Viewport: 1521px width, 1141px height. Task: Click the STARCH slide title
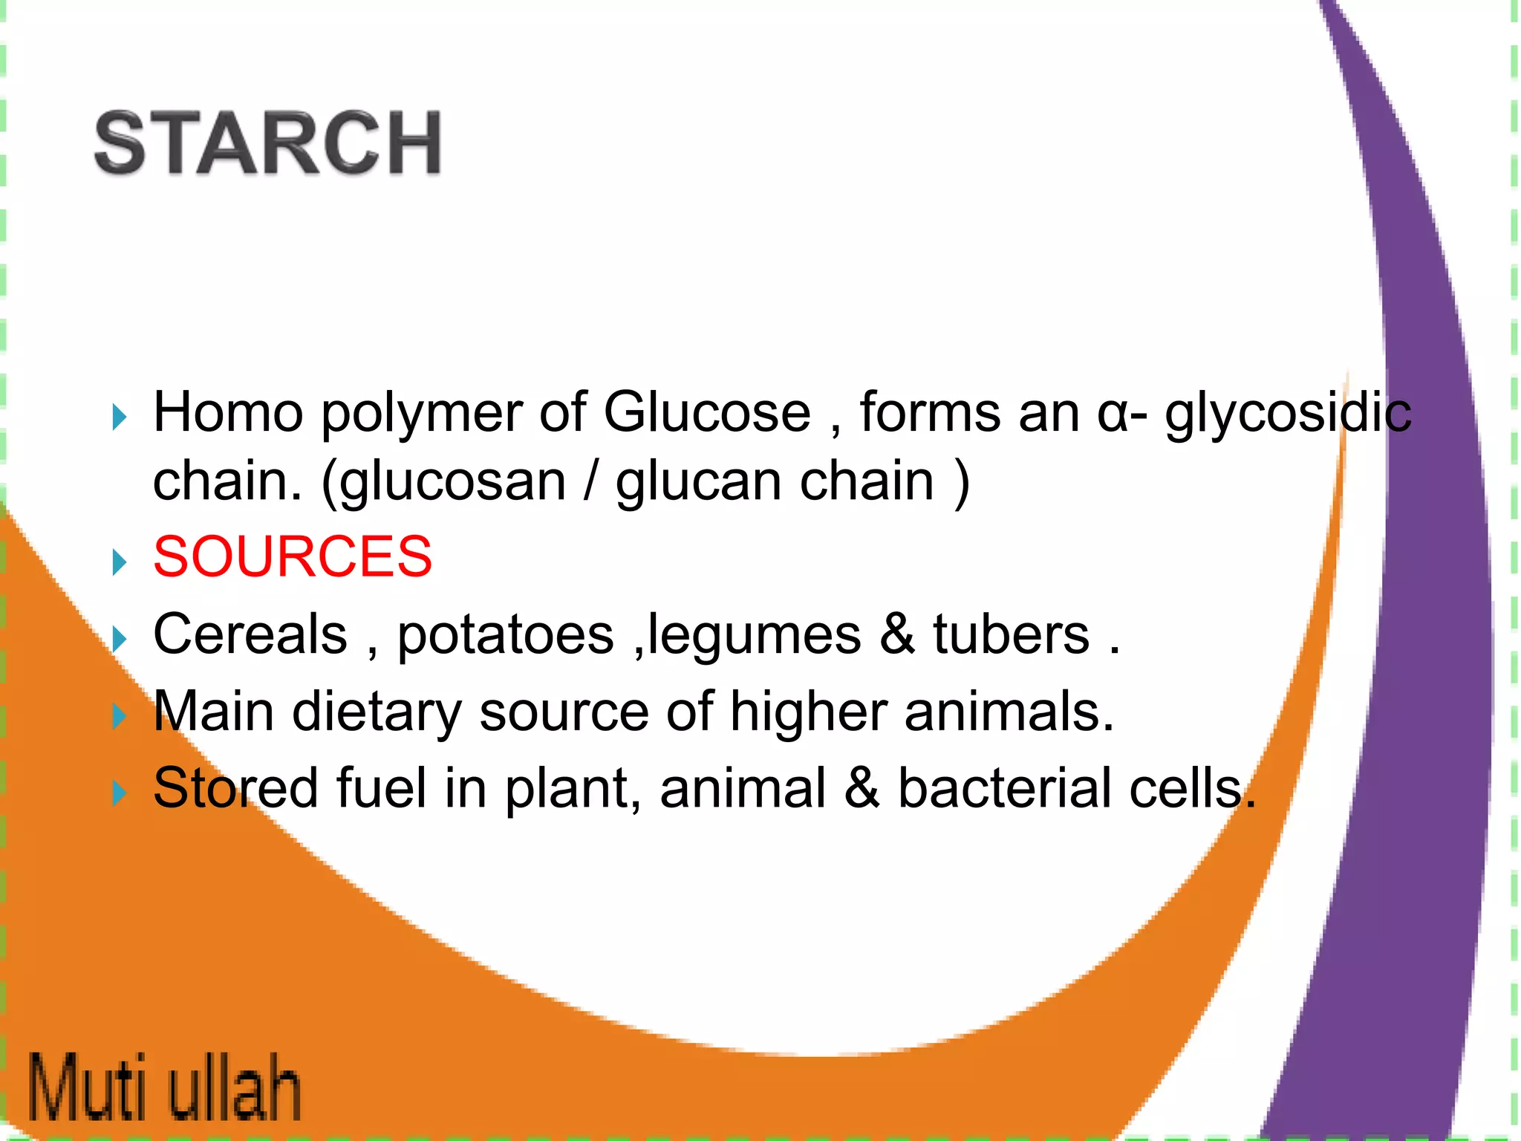[x=268, y=143]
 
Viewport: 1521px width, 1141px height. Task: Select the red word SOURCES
[x=293, y=556]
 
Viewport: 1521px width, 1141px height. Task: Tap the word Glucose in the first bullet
[x=706, y=412]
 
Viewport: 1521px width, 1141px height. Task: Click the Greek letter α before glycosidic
[x=1112, y=415]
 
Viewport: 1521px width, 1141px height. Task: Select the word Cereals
[x=250, y=634]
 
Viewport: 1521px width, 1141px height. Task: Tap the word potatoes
[x=506, y=636]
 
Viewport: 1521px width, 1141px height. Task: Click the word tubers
[x=1011, y=634]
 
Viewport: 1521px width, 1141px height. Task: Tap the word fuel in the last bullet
[x=382, y=788]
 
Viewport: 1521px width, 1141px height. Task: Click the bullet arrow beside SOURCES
[x=120, y=562]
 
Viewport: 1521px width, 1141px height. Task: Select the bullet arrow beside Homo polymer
[x=120, y=417]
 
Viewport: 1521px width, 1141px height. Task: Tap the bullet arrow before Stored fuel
[x=120, y=793]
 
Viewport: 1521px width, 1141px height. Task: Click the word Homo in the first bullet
[x=228, y=412]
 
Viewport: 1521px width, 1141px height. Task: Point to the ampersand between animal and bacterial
[x=862, y=788]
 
